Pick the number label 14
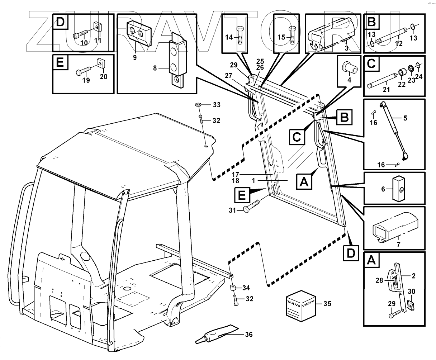229,37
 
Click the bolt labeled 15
292,35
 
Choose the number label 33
216,105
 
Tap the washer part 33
198,104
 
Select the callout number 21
386,90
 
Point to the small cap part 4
347,67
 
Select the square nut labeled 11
97,26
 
